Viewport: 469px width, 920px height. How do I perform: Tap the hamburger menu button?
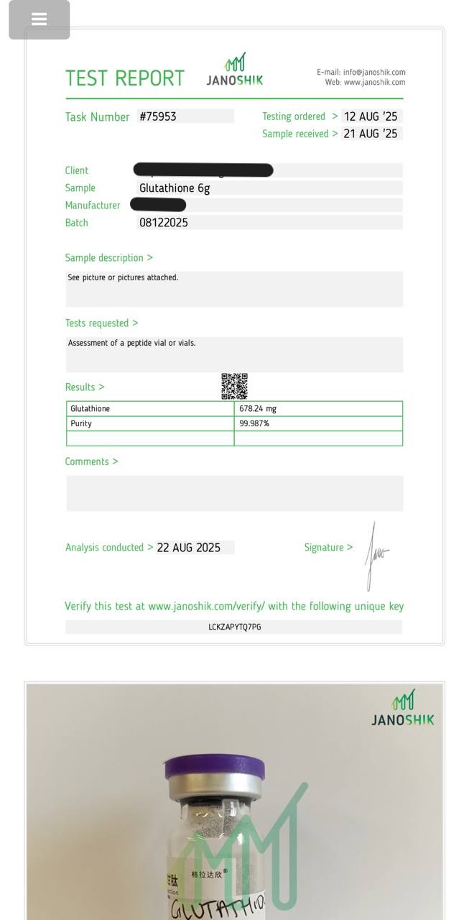[x=40, y=19]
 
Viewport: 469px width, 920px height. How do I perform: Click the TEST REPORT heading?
[x=125, y=78]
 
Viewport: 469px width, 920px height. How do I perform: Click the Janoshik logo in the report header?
[x=235, y=70]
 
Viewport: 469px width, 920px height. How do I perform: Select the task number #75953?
[x=158, y=116]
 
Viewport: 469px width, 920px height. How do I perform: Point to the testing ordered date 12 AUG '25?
[x=370, y=116]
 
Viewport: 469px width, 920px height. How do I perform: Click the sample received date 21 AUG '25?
[x=370, y=134]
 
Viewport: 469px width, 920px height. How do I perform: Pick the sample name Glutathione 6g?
[x=175, y=188]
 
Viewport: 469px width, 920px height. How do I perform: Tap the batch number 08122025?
[x=164, y=223]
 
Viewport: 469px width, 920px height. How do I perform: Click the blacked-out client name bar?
[x=203, y=170]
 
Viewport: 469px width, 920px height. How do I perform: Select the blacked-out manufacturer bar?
[x=158, y=205]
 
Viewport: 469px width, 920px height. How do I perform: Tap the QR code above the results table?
[x=234, y=386]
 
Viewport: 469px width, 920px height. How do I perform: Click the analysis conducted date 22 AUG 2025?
[x=189, y=548]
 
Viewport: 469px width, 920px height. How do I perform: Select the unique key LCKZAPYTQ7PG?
[x=235, y=627]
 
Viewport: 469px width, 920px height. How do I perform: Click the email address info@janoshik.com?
[x=374, y=72]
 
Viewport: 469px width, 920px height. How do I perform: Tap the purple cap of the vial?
[x=214, y=768]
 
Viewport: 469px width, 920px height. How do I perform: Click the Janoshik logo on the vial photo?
[x=403, y=707]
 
